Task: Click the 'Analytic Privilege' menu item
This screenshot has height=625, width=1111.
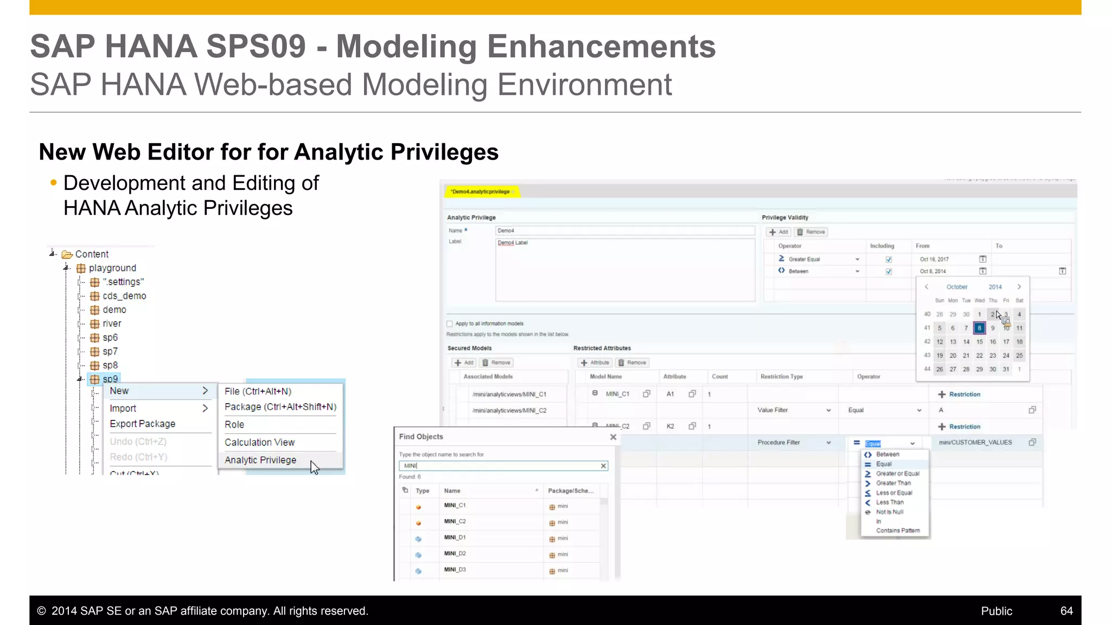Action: click(x=260, y=460)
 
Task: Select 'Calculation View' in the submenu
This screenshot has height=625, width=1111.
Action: click(x=259, y=442)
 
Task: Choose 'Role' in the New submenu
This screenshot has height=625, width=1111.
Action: click(x=234, y=424)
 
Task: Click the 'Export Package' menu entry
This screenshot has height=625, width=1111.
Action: click(x=142, y=424)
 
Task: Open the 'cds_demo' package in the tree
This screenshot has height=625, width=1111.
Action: click(x=124, y=296)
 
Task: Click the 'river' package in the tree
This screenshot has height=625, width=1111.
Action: click(x=112, y=323)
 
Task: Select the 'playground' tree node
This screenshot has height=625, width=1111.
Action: click(x=112, y=268)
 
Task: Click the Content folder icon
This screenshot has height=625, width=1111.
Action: click(x=67, y=254)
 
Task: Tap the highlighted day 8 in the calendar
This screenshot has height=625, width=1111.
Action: click(x=979, y=328)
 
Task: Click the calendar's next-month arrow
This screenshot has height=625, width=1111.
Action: click(x=1019, y=286)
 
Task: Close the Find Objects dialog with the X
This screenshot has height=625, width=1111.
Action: click(x=613, y=437)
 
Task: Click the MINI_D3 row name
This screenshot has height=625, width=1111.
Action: click(x=455, y=570)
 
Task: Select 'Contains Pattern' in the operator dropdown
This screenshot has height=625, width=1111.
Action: click(x=898, y=531)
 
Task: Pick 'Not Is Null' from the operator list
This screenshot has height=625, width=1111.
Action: click(x=890, y=512)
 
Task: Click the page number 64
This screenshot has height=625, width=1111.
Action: click(x=1067, y=611)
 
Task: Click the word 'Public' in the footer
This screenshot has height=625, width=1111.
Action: click(x=997, y=611)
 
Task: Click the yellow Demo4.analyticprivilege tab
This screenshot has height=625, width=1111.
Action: click(x=481, y=192)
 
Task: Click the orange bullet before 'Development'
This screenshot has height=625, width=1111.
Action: click(x=53, y=183)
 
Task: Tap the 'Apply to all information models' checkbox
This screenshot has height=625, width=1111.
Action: click(x=450, y=324)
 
